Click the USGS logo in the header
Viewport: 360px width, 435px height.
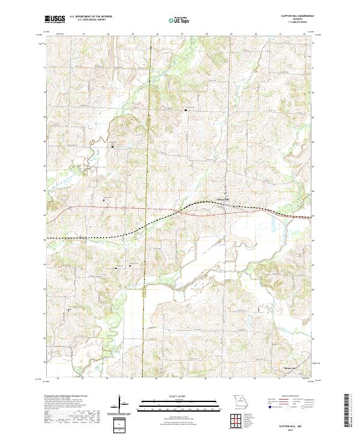pyautogui.click(x=55, y=19)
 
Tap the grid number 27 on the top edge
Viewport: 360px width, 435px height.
pyautogui.click(x=182, y=34)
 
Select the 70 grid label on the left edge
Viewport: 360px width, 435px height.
pyautogui.click(x=46, y=92)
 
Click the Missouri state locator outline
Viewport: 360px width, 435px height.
pyautogui.click(x=239, y=401)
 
